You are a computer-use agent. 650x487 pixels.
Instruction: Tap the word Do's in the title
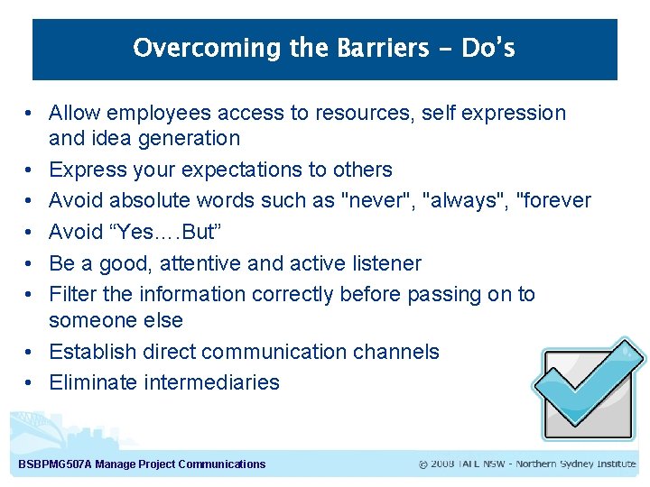(x=487, y=48)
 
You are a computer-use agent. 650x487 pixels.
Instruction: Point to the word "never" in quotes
(x=376, y=200)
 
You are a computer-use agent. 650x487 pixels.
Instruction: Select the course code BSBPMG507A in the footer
(x=55, y=464)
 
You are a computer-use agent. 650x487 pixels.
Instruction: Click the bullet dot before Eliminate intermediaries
(x=30, y=382)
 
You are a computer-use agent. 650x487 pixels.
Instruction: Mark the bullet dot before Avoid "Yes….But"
(x=30, y=232)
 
